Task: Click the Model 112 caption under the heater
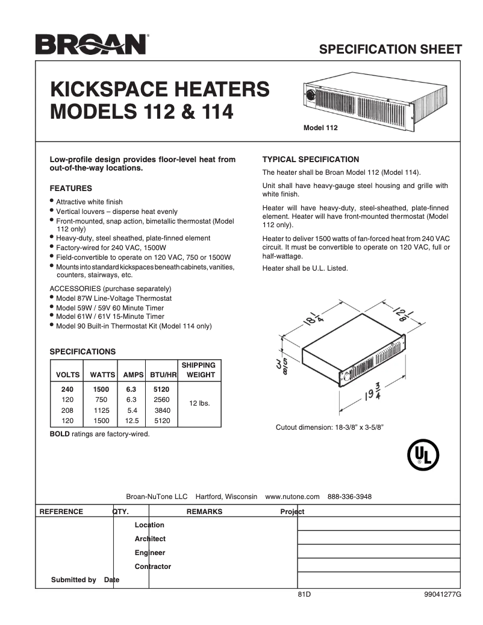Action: pyautogui.click(x=320, y=128)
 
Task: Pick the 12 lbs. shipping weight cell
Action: pyautogui.click(x=199, y=403)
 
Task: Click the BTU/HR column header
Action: pyautogui.click(x=163, y=375)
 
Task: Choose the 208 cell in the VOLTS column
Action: pyautogui.click(x=67, y=410)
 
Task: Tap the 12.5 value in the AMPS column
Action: pyautogui.click(x=131, y=421)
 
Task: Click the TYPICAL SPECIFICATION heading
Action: pyautogui.click(x=311, y=160)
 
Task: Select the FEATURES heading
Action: pyautogui.click(x=70, y=189)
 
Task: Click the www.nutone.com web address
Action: pyautogui.click(x=292, y=497)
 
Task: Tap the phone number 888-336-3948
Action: pyautogui.click(x=349, y=497)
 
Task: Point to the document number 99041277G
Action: pyautogui.click(x=442, y=594)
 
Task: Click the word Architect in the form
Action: pyautogui.click(x=150, y=539)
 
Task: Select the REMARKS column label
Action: pyautogui.click(x=204, y=512)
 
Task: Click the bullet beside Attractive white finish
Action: pyautogui.click(x=52, y=201)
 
